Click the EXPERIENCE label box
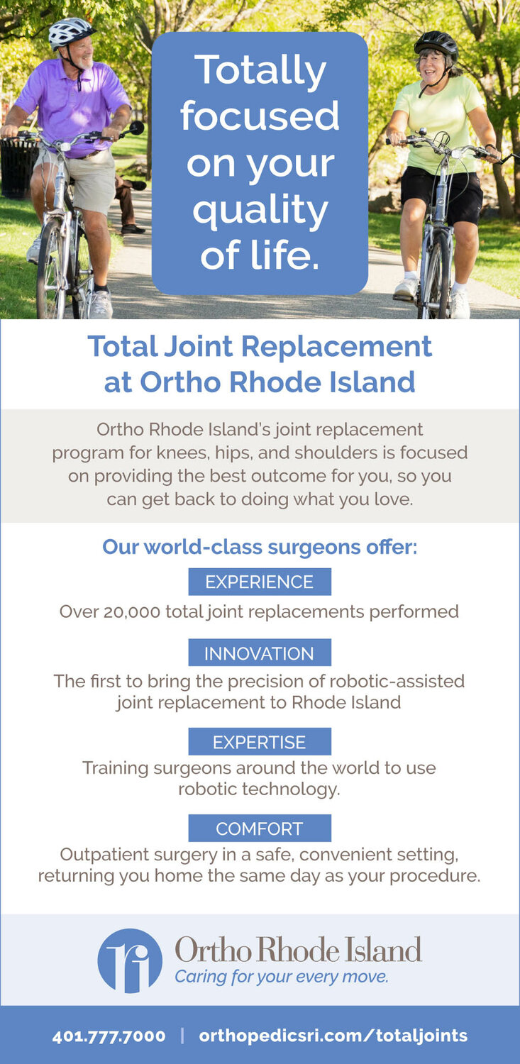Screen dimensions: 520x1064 (260, 582)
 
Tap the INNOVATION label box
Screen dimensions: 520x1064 (260, 653)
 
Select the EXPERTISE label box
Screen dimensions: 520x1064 (260, 741)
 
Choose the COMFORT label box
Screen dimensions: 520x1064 (260, 828)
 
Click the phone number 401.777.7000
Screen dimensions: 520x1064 (109, 1036)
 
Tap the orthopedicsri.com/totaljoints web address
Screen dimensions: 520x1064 (333, 1036)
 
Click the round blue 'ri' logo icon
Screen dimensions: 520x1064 (130, 961)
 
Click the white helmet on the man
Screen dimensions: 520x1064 (71, 33)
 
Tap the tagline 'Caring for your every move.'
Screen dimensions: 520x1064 (282, 977)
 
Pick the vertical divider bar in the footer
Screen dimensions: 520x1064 (182, 1036)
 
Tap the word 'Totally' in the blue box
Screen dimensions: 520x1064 (260, 70)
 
